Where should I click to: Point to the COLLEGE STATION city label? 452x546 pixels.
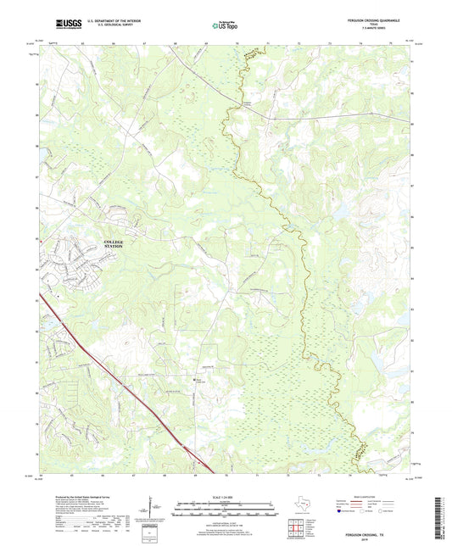point(114,244)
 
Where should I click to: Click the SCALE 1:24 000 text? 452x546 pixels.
point(226,495)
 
